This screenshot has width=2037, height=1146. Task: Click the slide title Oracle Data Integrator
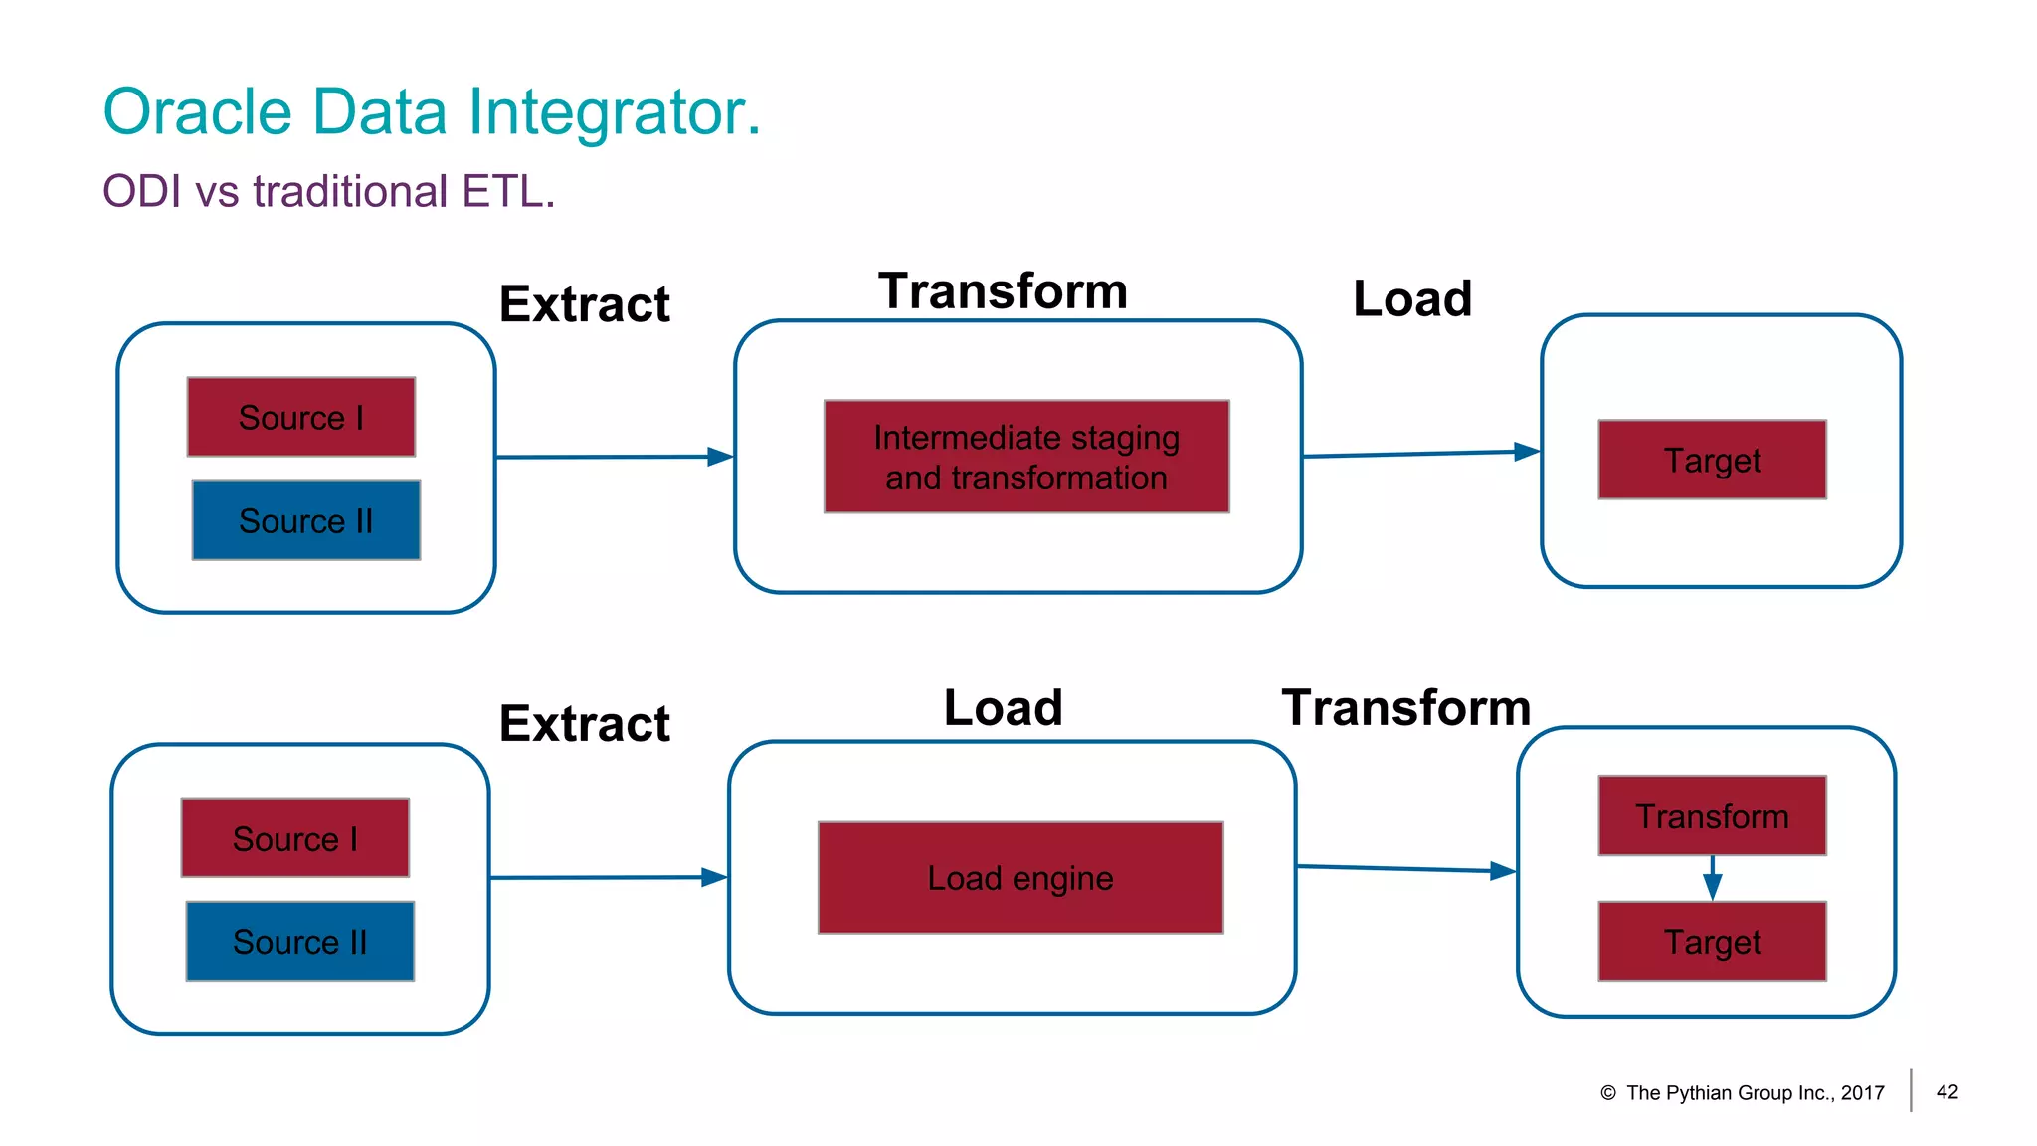(431, 111)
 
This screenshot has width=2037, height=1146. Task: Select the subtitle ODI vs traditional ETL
(328, 191)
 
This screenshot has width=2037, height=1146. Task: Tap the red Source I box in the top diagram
(301, 417)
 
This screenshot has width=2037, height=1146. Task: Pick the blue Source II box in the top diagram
(306, 520)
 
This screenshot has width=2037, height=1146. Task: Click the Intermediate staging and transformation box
(1026, 457)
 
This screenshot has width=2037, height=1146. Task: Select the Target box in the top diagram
(1712, 460)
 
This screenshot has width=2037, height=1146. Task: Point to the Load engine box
(1020, 877)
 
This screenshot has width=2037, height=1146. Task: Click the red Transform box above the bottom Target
(1712, 816)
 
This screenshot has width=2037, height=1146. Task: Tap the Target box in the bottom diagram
(1712, 941)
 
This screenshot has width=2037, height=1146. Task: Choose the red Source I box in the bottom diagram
(295, 838)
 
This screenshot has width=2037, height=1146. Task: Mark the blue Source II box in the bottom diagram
(300, 941)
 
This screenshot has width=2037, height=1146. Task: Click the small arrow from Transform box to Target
(1712, 878)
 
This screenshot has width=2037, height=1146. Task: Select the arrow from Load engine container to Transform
(1406, 869)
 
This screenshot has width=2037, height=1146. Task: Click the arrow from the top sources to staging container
(614, 457)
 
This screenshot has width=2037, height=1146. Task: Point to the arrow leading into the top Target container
(1420, 454)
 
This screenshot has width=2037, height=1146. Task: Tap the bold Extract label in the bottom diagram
(584, 723)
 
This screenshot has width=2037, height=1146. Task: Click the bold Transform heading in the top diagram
(1003, 291)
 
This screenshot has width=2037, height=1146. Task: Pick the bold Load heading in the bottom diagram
(1003, 708)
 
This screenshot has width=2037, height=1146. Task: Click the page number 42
(1946, 1092)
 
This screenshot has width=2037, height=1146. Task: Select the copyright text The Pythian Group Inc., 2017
(1754, 1093)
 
